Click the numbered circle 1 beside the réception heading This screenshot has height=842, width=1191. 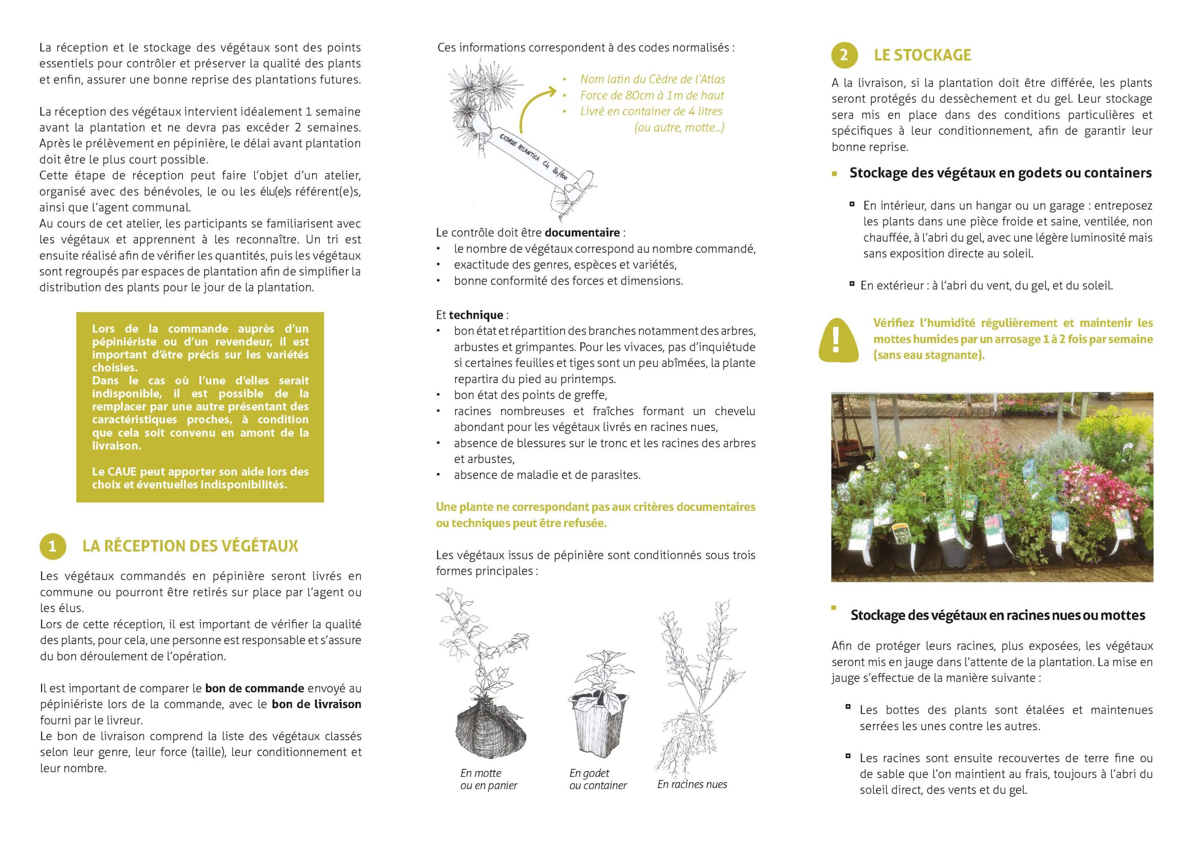[53, 546]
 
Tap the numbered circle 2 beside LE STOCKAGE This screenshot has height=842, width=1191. [844, 54]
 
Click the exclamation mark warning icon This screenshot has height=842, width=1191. [835, 339]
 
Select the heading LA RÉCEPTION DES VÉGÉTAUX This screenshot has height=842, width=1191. [190, 546]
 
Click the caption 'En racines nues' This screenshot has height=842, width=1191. [692, 784]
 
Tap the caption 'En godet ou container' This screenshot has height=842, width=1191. [597, 779]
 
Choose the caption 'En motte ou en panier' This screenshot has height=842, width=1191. [488, 779]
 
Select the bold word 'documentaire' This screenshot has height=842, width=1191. [582, 233]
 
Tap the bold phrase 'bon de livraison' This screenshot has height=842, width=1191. [316, 704]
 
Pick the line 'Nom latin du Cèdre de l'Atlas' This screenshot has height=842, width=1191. [652, 80]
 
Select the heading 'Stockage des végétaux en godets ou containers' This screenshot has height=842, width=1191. [1000, 173]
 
